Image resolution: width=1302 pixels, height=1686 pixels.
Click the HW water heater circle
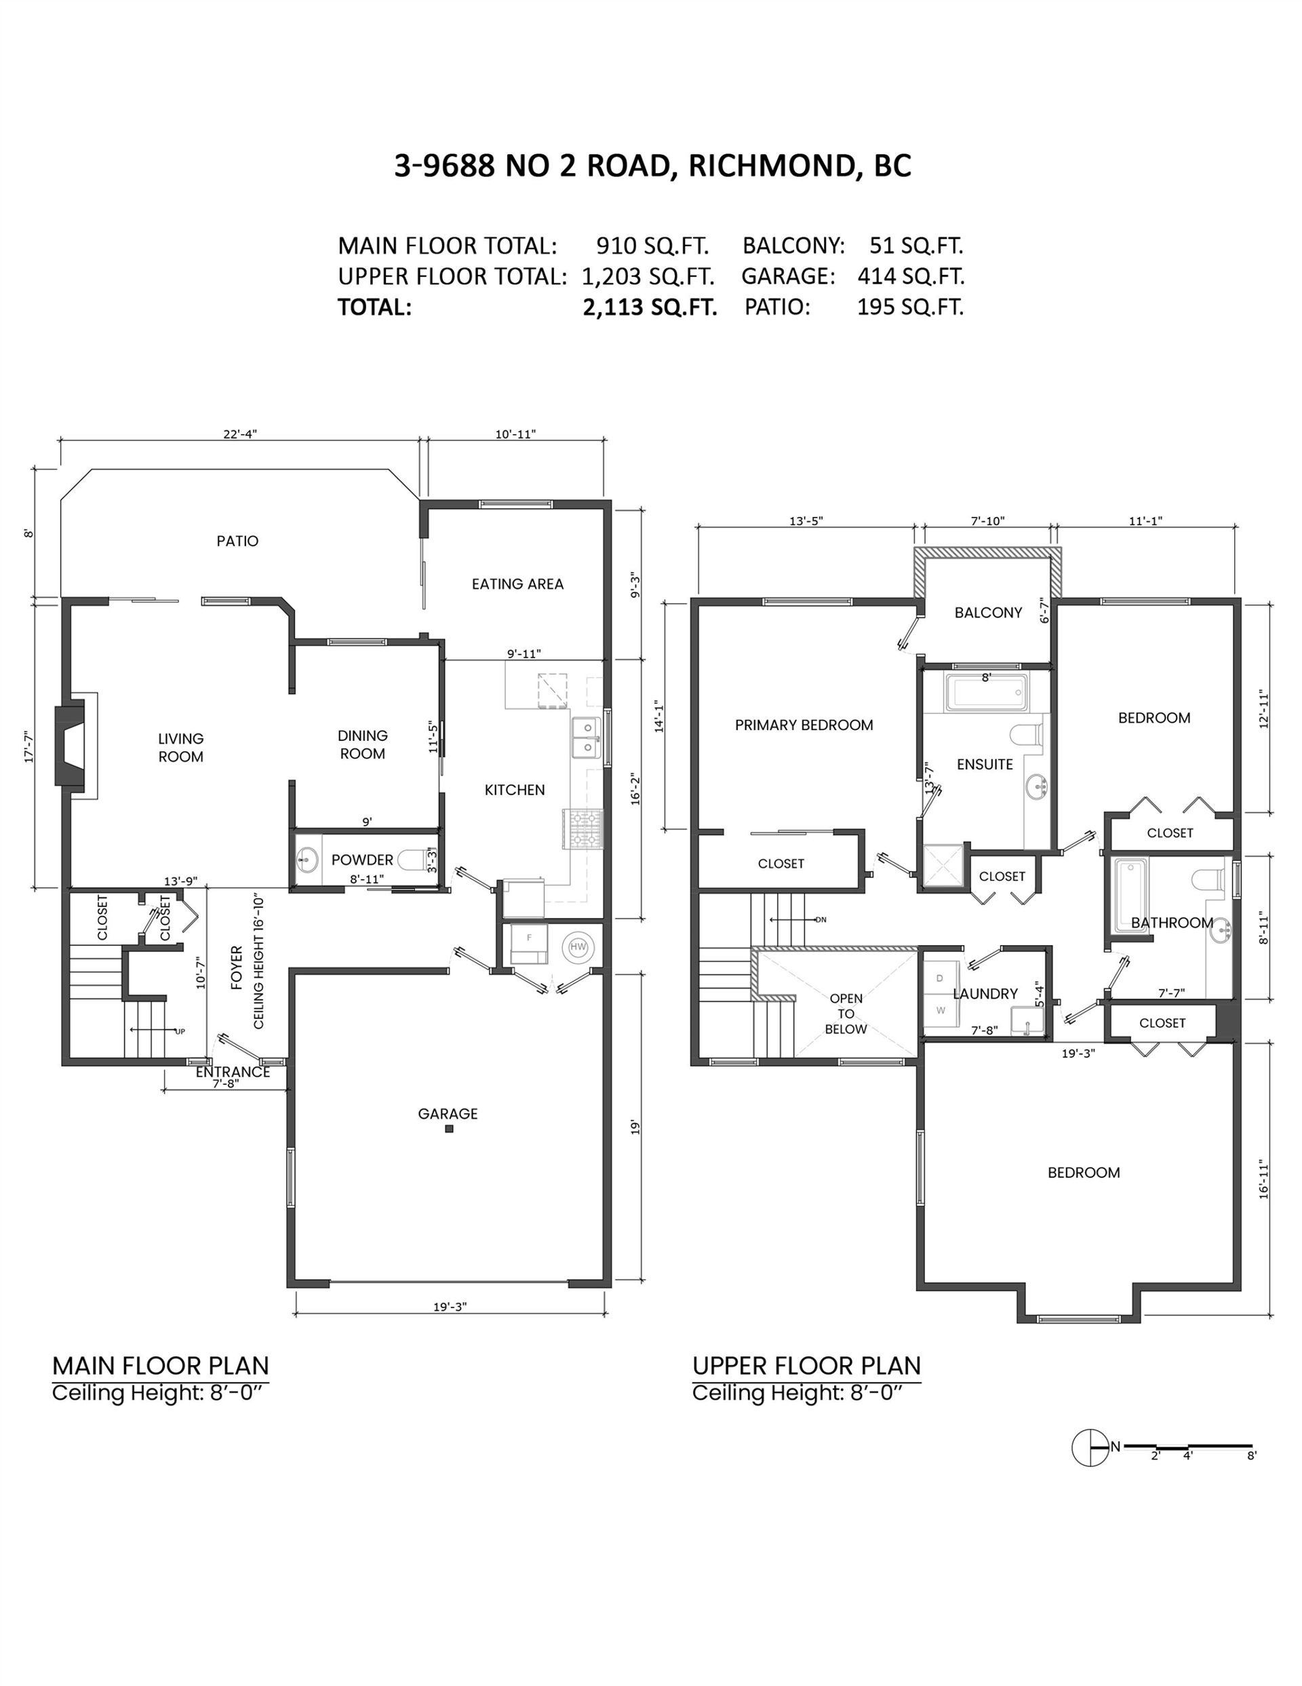click(577, 946)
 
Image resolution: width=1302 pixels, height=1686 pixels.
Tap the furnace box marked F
click(529, 943)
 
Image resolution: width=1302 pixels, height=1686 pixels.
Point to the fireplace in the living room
click(76, 746)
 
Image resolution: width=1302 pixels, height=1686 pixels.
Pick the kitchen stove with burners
click(587, 828)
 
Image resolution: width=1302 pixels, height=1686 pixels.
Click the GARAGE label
click(448, 1114)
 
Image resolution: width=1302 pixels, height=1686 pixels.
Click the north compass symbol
click(1090, 1447)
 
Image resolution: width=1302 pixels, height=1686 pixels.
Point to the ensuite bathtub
click(987, 693)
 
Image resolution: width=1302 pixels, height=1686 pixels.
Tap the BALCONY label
click(988, 613)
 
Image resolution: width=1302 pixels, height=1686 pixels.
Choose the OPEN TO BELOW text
click(846, 1014)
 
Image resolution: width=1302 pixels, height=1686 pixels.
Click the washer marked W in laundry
click(941, 1010)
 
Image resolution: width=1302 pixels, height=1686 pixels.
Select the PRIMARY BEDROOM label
click(804, 725)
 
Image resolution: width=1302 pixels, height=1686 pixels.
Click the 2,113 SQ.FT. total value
click(650, 307)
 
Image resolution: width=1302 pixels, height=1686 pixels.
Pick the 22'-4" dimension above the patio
click(240, 434)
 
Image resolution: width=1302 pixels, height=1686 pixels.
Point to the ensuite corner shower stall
click(944, 866)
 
